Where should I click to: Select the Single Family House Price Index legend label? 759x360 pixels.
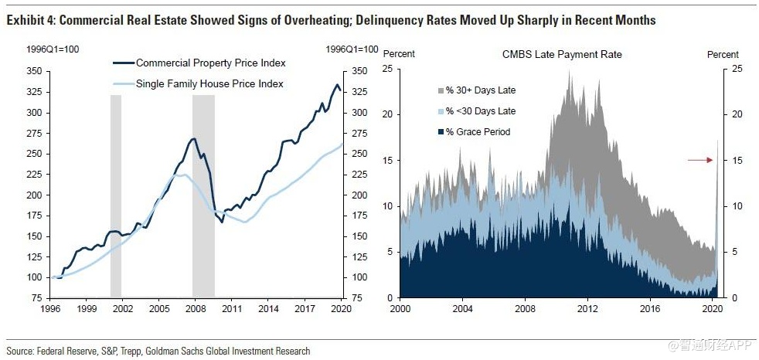click(x=209, y=83)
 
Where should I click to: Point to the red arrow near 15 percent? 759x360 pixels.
click(x=700, y=160)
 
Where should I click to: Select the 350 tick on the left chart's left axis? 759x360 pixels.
click(x=33, y=71)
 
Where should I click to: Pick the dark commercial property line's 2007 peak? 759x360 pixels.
click(x=194, y=139)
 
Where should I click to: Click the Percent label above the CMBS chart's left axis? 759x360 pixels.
click(x=399, y=55)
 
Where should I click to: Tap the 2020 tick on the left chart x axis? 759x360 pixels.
click(x=341, y=307)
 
